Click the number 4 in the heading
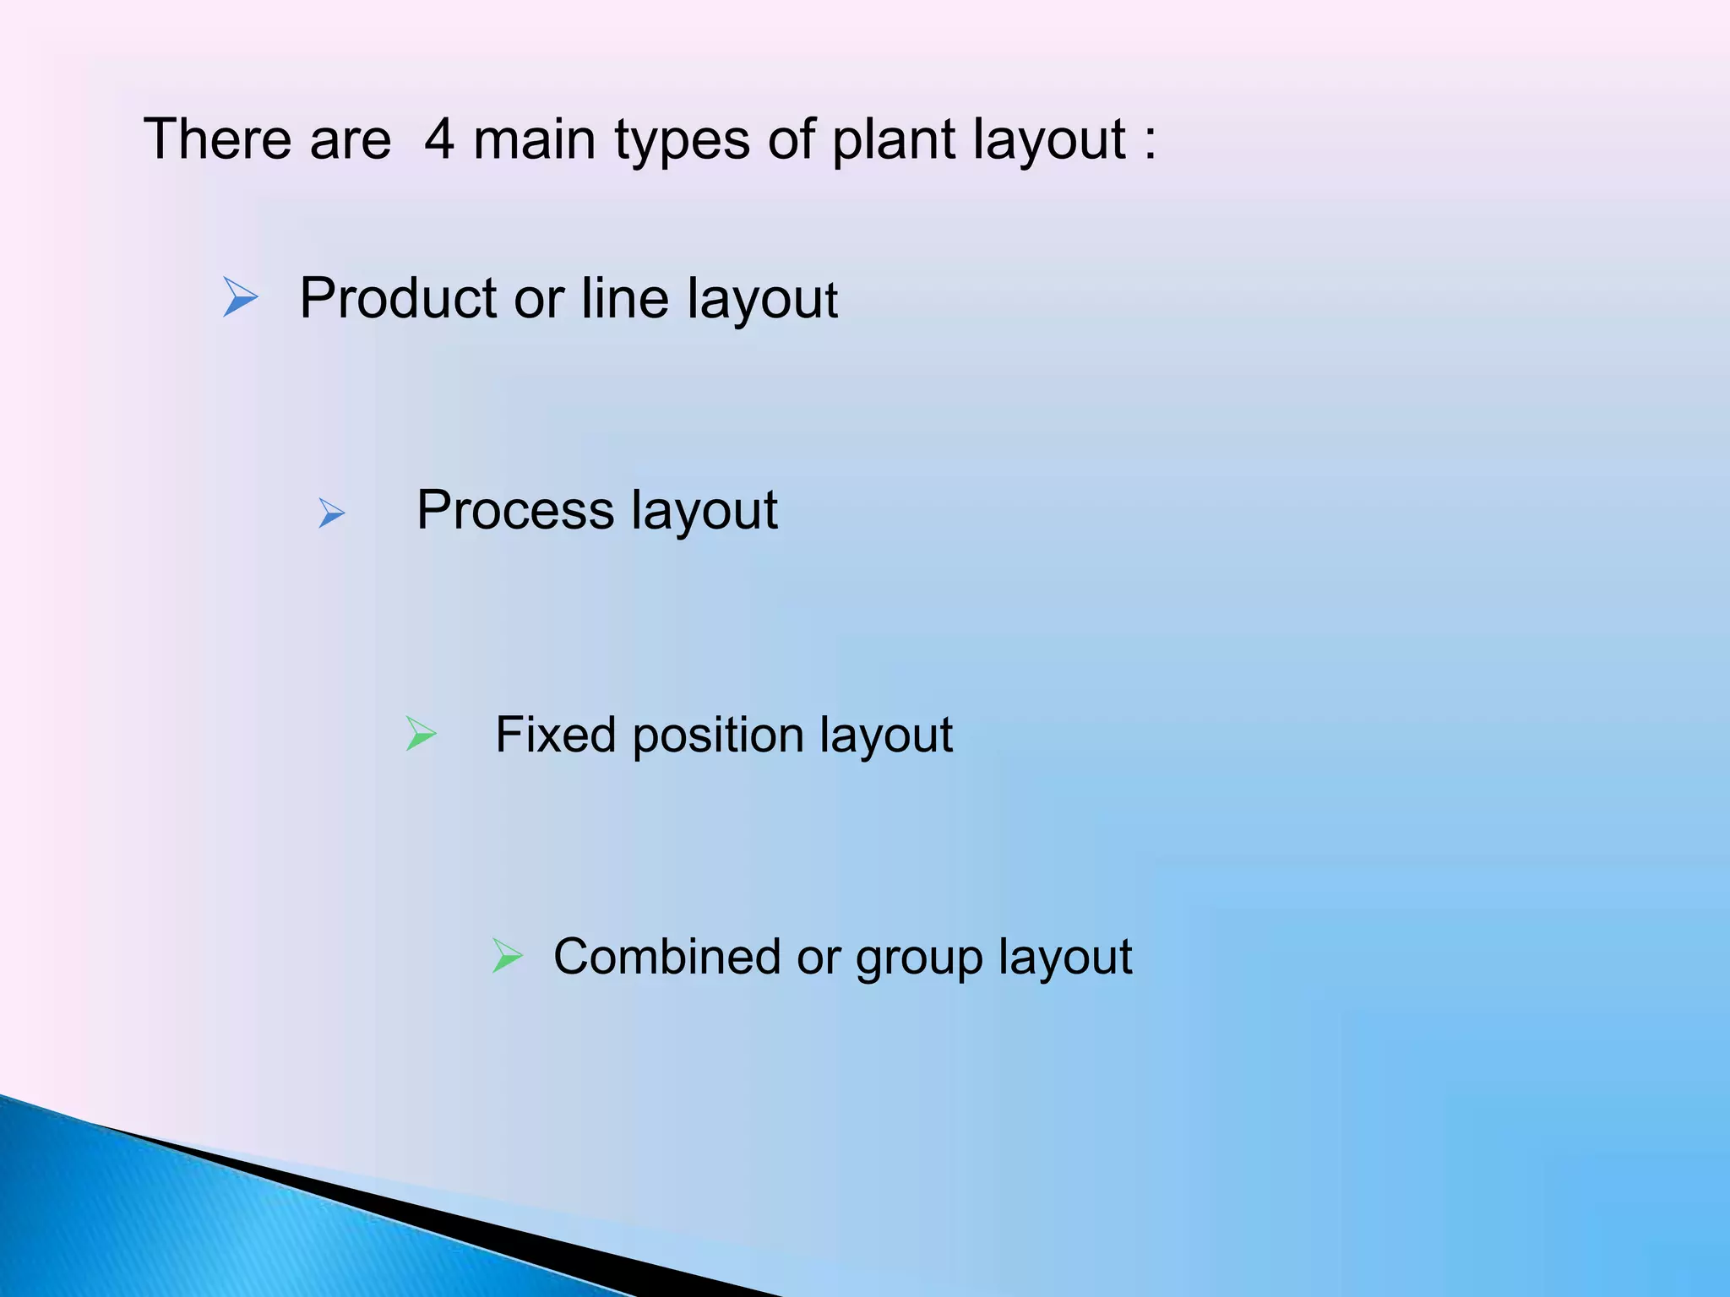pyautogui.click(x=438, y=139)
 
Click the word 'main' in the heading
pyautogui.click(x=534, y=139)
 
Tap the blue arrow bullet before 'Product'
pyautogui.click(x=240, y=297)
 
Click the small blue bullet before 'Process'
pyautogui.click(x=331, y=513)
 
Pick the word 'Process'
pyautogui.click(x=514, y=510)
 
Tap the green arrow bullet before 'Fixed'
pyautogui.click(x=421, y=733)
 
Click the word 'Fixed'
pyautogui.click(x=555, y=734)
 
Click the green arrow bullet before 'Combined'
pyautogui.click(x=507, y=956)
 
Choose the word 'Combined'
pyautogui.click(x=666, y=957)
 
